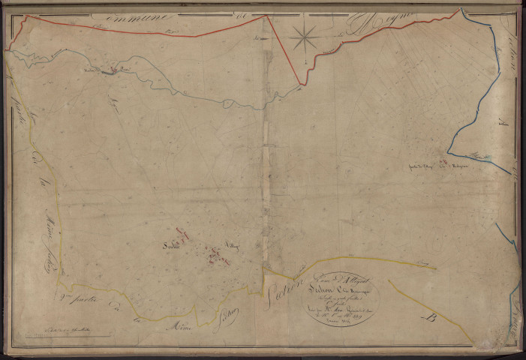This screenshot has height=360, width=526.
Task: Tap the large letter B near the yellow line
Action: click(430, 317)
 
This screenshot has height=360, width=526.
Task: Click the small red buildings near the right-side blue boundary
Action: click(443, 164)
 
